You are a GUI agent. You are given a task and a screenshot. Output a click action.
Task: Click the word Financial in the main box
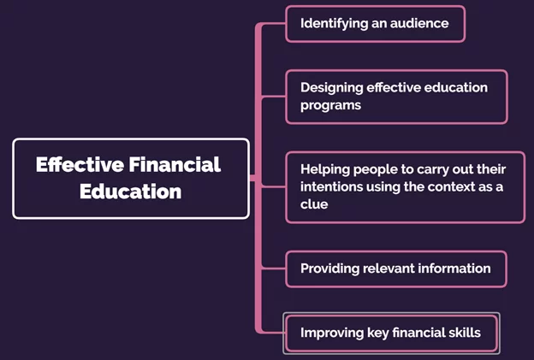175,165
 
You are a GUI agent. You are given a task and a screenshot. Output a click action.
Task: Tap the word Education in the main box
130,192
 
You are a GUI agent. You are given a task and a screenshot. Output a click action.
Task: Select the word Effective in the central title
80,165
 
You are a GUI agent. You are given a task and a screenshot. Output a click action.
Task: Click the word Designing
332,88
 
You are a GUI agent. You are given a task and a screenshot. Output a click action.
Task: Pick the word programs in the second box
330,106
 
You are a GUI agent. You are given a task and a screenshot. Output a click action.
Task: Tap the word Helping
325,170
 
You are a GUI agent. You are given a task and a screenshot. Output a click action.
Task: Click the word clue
314,204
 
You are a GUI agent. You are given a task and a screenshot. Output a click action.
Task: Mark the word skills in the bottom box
465,333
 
